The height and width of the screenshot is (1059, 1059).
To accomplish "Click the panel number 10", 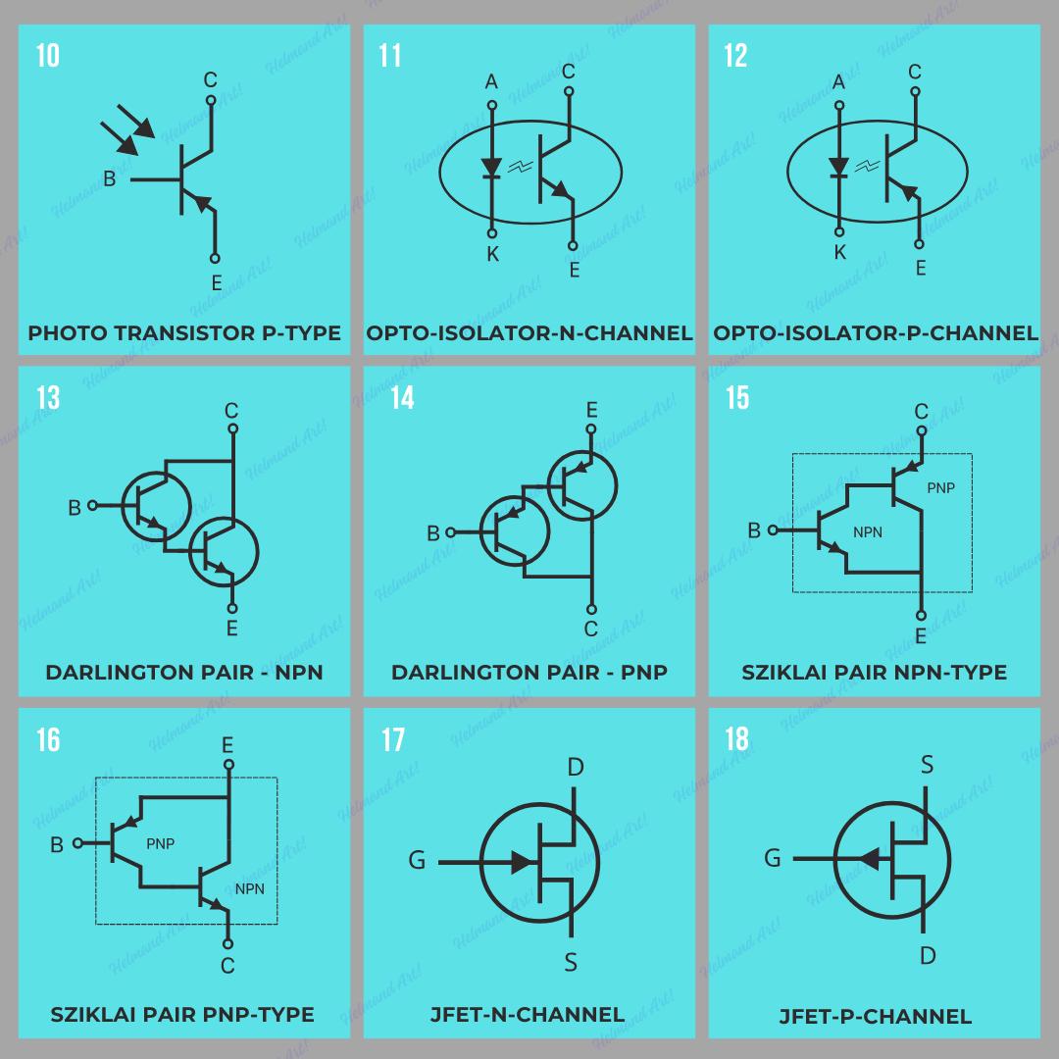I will point(48,56).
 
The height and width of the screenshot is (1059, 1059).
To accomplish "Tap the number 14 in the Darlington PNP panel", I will point(402,397).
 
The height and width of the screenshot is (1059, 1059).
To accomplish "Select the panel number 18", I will point(737,738).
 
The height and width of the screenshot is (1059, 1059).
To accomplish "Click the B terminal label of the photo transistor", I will point(110,179).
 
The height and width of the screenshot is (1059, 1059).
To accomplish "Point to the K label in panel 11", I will point(492,255).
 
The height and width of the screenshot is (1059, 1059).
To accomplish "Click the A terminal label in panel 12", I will point(838,82).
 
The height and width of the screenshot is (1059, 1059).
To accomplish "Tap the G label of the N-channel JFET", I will point(417,861).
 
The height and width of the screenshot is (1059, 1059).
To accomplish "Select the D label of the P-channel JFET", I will point(928,954).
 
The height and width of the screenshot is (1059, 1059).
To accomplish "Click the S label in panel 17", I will point(572,963).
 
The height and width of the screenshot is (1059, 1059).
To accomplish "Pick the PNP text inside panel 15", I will point(939,487).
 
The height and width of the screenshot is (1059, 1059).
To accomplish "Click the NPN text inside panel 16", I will point(249,889).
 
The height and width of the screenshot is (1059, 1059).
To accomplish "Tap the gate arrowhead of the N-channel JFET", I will point(523,863).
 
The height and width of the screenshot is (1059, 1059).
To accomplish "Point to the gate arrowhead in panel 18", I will point(868,859).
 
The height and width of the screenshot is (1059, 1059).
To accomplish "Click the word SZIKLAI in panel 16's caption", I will point(94,1014).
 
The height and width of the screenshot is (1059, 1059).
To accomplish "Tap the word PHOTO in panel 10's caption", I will point(68,332).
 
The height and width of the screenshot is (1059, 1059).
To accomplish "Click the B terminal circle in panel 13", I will point(93,506).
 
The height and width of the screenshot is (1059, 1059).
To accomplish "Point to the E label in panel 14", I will point(591,409).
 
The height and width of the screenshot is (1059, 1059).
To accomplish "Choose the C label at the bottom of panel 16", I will point(227,966).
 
